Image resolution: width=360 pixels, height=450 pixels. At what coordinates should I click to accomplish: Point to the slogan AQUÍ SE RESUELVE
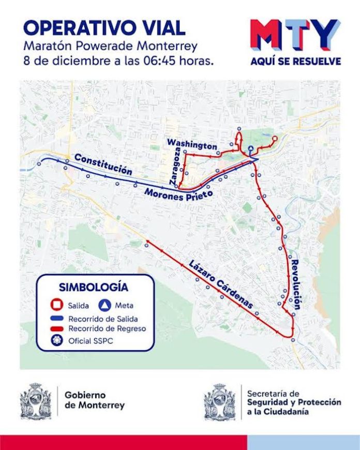pos(295,62)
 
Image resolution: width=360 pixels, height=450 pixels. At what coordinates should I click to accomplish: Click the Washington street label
pos(192,144)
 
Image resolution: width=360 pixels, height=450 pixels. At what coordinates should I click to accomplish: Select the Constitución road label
pos(102,164)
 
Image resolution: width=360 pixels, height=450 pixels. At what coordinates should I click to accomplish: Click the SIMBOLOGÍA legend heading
pos(94,287)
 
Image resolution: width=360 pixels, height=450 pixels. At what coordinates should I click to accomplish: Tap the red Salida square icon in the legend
pos(53,305)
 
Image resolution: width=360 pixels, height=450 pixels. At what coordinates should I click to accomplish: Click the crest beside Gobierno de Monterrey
pos(36,401)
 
